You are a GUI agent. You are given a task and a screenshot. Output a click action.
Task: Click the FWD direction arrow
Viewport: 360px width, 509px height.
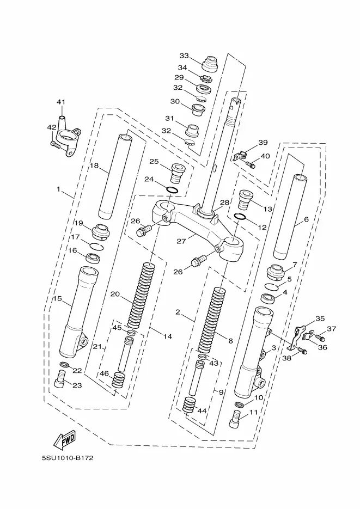click(x=65, y=439)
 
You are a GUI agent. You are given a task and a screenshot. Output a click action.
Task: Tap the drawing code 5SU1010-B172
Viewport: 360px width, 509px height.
click(x=68, y=458)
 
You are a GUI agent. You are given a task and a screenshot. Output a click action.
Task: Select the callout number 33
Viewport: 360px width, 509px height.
click(x=184, y=56)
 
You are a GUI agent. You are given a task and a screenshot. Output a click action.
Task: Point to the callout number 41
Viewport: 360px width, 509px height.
click(x=61, y=102)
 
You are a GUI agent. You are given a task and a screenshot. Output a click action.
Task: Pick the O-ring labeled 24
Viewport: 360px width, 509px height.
click(x=172, y=191)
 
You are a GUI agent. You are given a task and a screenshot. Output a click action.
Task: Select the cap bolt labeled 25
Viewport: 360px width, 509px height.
click(x=177, y=173)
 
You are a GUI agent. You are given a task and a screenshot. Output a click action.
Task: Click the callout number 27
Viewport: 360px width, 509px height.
click(x=181, y=242)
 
